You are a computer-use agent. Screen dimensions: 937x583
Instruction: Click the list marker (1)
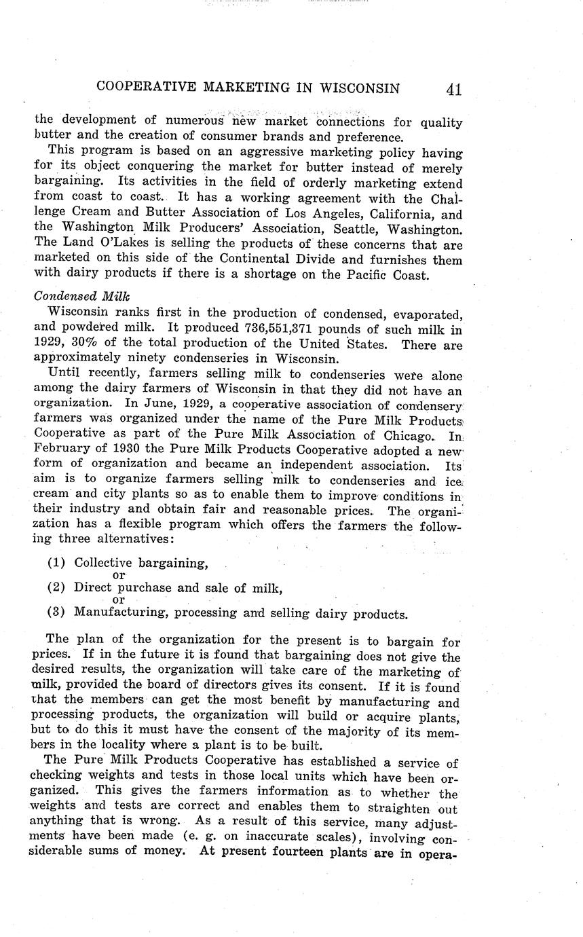point(57,563)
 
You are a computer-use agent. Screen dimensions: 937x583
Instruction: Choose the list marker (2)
point(57,588)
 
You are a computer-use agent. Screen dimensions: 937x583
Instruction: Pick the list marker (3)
point(57,613)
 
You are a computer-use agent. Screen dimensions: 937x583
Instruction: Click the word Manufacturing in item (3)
point(121,614)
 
